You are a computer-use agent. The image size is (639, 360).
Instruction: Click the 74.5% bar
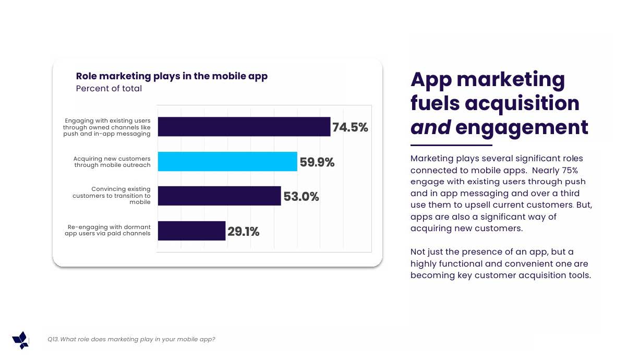click(x=244, y=127)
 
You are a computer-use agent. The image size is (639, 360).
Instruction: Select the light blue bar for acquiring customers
click(x=227, y=162)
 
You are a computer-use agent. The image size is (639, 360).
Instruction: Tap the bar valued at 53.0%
click(x=219, y=196)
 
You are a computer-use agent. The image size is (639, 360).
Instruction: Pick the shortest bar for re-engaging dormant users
click(x=191, y=231)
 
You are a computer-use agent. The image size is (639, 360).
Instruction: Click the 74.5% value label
click(x=350, y=127)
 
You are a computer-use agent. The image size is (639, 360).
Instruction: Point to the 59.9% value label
click(x=317, y=162)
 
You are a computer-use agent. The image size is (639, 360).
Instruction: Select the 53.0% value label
click(x=301, y=197)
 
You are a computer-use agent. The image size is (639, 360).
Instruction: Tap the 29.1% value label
click(x=243, y=231)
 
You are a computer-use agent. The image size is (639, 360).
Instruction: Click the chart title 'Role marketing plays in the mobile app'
click(x=172, y=76)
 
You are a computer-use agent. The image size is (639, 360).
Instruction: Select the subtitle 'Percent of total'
click(x=109, y=89)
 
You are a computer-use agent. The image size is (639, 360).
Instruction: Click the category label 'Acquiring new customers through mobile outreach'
click(x=112, y=162)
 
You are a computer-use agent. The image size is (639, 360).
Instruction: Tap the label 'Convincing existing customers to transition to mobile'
click(x=112, y=196)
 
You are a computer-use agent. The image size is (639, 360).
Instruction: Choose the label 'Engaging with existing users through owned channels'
click(x=107, y=127)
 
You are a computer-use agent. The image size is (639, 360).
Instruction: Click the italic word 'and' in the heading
click(x=430, y=127)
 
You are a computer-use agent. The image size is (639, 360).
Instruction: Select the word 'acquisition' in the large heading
click(x=522, y=103)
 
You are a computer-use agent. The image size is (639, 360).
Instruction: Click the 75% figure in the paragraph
click(x=569, y=170)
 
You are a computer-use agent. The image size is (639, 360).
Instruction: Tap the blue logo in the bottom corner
click(x=20, y=340)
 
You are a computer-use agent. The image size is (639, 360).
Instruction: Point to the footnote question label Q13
click(x=53, y=340)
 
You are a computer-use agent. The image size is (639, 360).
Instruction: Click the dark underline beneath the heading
click(x=451, y=145)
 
